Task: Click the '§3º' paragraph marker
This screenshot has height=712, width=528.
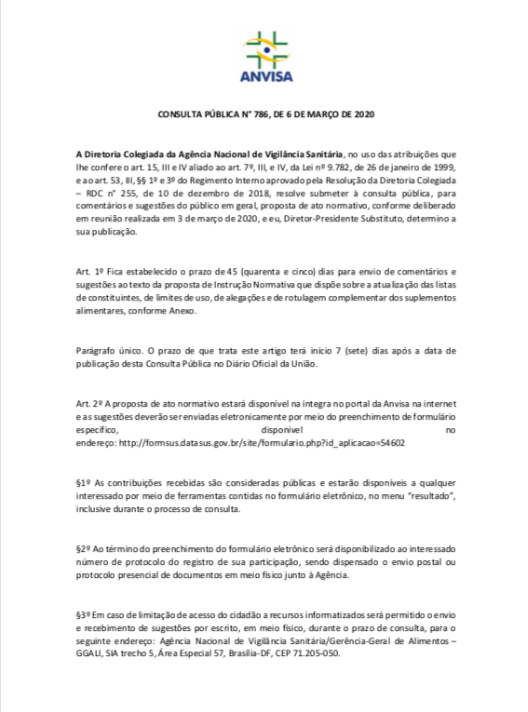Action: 85,616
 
